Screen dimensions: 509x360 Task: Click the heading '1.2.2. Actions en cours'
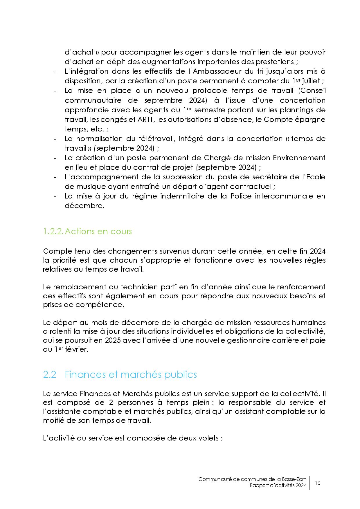point(87,231)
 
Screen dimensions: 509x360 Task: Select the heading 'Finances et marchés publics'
point(131,374)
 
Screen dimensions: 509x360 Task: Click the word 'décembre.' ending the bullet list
point(84,206)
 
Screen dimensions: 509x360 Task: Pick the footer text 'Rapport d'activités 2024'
point(278,485)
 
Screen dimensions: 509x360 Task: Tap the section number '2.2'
point(49,375)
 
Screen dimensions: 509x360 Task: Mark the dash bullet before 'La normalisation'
point(55,139)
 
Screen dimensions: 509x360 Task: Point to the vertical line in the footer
point(310,483)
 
